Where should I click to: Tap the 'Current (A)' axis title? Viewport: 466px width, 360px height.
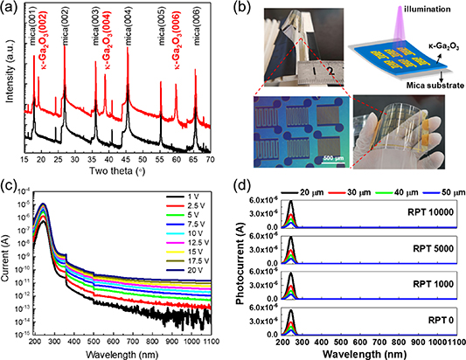point(8,262)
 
